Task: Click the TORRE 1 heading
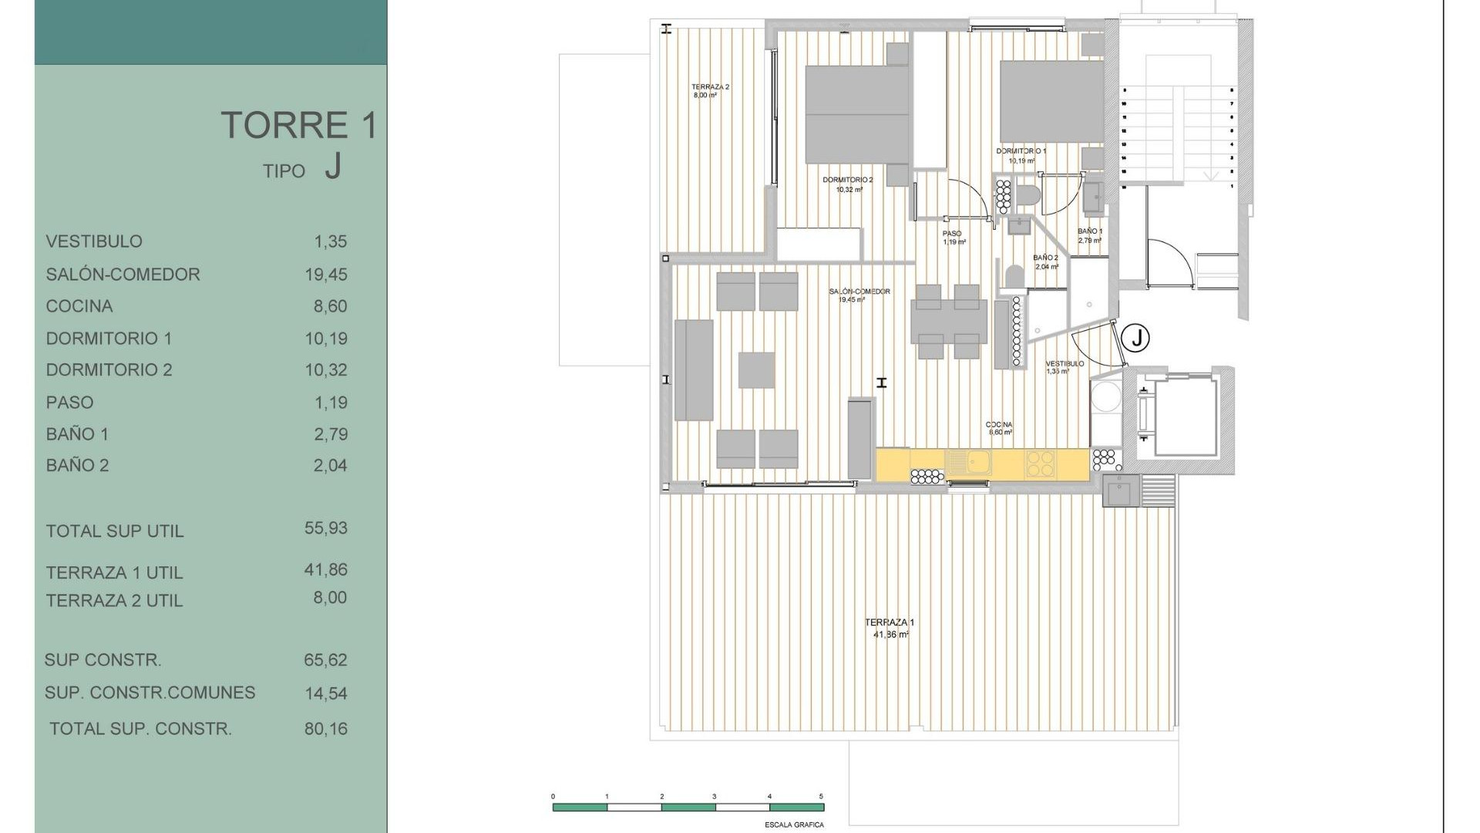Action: (299, 125)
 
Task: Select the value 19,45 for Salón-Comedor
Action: (325, 275)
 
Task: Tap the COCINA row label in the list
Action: (79, 306)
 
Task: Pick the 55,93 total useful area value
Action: (325, 528)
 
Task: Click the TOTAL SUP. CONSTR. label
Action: (140, 729)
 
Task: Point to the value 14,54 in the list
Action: (325, 693)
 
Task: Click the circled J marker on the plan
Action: (1135, 338)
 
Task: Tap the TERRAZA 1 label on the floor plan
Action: (890, 622)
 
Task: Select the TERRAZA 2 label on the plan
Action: (709, 87)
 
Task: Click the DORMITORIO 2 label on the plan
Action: (847, 180)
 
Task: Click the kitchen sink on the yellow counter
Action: (968, 462)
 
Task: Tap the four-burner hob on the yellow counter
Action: (1039, 463)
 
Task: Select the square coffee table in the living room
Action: (756, 370)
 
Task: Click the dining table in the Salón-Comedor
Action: (948, 322)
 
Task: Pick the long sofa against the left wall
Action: (694, 370)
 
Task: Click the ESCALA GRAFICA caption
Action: (794, 825)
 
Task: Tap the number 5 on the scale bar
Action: (821, 797)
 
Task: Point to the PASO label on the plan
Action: (952, 234)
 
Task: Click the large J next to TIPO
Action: (332, 166)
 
